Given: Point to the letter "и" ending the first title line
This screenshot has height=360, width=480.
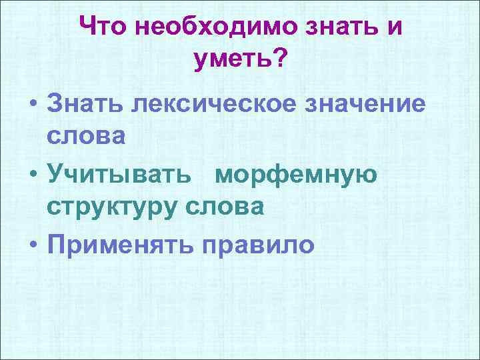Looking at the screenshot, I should click(394, 29).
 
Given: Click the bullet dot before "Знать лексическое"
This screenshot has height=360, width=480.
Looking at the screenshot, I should click(33, 105).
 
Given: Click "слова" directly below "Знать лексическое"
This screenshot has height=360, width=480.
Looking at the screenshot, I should click(86, 137).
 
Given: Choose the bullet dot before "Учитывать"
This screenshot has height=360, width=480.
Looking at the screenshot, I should click(33, 175).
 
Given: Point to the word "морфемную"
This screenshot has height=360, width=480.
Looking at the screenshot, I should click(297, 175).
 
